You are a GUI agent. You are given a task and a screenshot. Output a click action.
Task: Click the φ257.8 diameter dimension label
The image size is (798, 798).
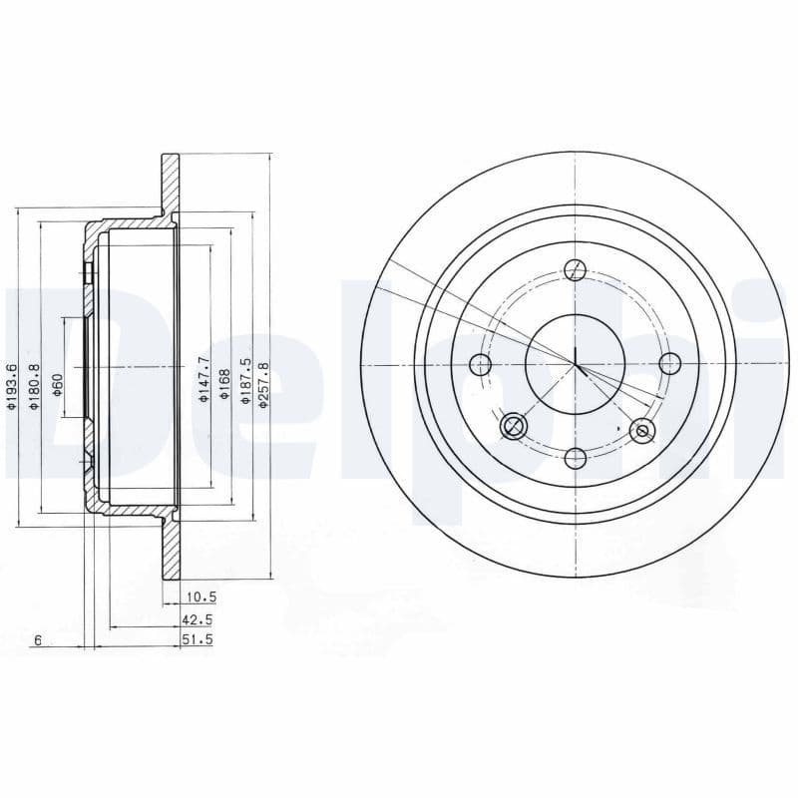click(x=263, y=381)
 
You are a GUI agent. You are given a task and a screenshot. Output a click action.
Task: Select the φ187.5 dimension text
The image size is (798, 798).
click(x=245, y=380)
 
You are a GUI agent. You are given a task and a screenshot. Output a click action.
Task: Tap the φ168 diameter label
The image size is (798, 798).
click(x=225, y=380)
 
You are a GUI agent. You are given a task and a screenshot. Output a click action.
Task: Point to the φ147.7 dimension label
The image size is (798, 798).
click(x=203, y=379)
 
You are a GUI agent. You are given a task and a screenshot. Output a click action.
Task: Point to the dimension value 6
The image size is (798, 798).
click(x=37, y=640)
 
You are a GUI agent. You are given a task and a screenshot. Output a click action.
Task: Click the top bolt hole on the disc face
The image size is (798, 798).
click(x=576, y=269)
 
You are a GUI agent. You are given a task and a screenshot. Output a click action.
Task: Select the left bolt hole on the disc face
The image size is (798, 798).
click(x=481, y=364)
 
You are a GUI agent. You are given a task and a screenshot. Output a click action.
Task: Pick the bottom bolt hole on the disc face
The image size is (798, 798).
click(x=576, y=458)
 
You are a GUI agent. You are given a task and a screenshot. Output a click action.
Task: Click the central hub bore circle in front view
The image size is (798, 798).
click(x=576, y=364)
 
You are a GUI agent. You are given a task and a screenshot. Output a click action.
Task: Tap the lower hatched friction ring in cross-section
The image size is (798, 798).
click(x=171, y=549)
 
